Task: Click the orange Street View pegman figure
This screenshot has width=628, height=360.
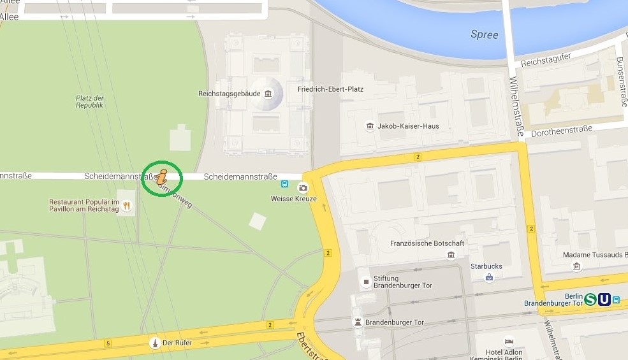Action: click(x=161, y=179)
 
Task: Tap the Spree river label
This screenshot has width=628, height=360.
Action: click(x=484, y=34)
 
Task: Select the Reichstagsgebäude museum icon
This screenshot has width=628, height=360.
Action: click(x=268, y=94)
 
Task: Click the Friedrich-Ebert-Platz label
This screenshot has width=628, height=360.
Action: click(x=330, y=89)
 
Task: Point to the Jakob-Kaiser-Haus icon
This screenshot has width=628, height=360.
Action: click(x=370, y=126)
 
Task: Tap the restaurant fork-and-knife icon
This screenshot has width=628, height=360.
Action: click(x=127, y=205)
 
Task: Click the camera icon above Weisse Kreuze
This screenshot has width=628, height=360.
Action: click(x=303, y=188)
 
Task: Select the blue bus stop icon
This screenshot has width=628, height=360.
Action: click(x=284, y=185)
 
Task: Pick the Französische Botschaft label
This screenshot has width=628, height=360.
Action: click(x=427, y=243)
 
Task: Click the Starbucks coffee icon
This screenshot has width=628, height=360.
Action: click(x=489, y=277)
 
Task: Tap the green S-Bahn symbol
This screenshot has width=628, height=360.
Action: click(x=590, y=299)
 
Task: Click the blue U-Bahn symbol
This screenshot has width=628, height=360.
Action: click(x=604, y=299)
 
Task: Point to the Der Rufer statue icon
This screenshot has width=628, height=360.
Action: click(x=154, y=343)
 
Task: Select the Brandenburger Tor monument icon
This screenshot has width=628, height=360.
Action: click(x=358, y=322)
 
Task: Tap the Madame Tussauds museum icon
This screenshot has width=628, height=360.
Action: click(x=577, y=266)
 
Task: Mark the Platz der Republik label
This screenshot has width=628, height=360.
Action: click(x=89, y=101)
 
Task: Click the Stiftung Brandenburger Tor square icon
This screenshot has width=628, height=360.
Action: click(x=366, y=282)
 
